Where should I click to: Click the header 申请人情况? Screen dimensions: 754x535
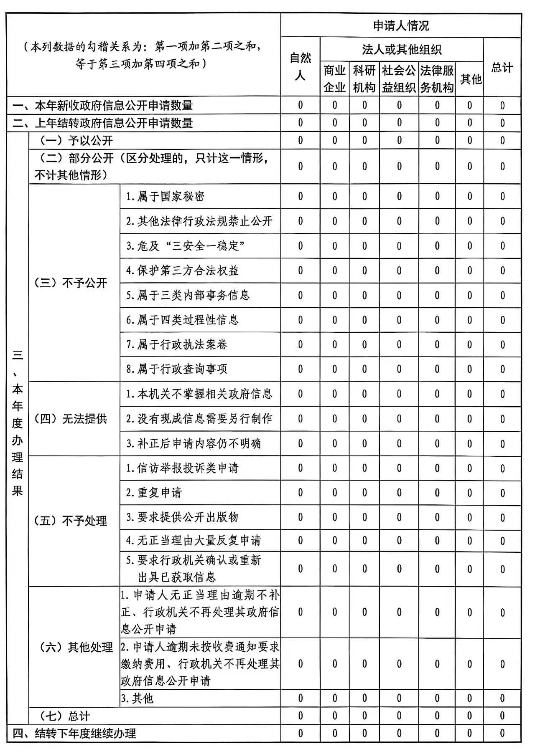pos(401,26)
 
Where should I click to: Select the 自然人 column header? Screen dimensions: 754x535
pos(300,67)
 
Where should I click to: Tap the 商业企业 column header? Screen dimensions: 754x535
pos(334,79)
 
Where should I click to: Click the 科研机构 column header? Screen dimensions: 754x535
pos(364,79)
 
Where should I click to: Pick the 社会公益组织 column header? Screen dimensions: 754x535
pos(399,79)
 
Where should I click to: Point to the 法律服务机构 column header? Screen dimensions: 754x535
pos(437,79)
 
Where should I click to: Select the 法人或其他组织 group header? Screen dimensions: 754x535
pos(401,50)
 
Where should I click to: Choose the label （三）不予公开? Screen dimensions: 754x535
pos(70,283)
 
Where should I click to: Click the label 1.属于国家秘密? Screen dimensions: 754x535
pos(166,196)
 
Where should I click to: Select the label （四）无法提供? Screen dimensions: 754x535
pos(70,419)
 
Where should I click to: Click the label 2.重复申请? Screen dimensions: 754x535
pos(154,493)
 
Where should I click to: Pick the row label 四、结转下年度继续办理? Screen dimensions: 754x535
pos(74,734)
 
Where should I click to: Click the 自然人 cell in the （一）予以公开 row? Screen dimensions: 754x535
pos(300,141)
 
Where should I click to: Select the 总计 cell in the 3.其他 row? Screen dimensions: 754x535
pos(502,698)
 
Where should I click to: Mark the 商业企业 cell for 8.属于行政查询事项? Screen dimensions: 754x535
pos(334,369)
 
